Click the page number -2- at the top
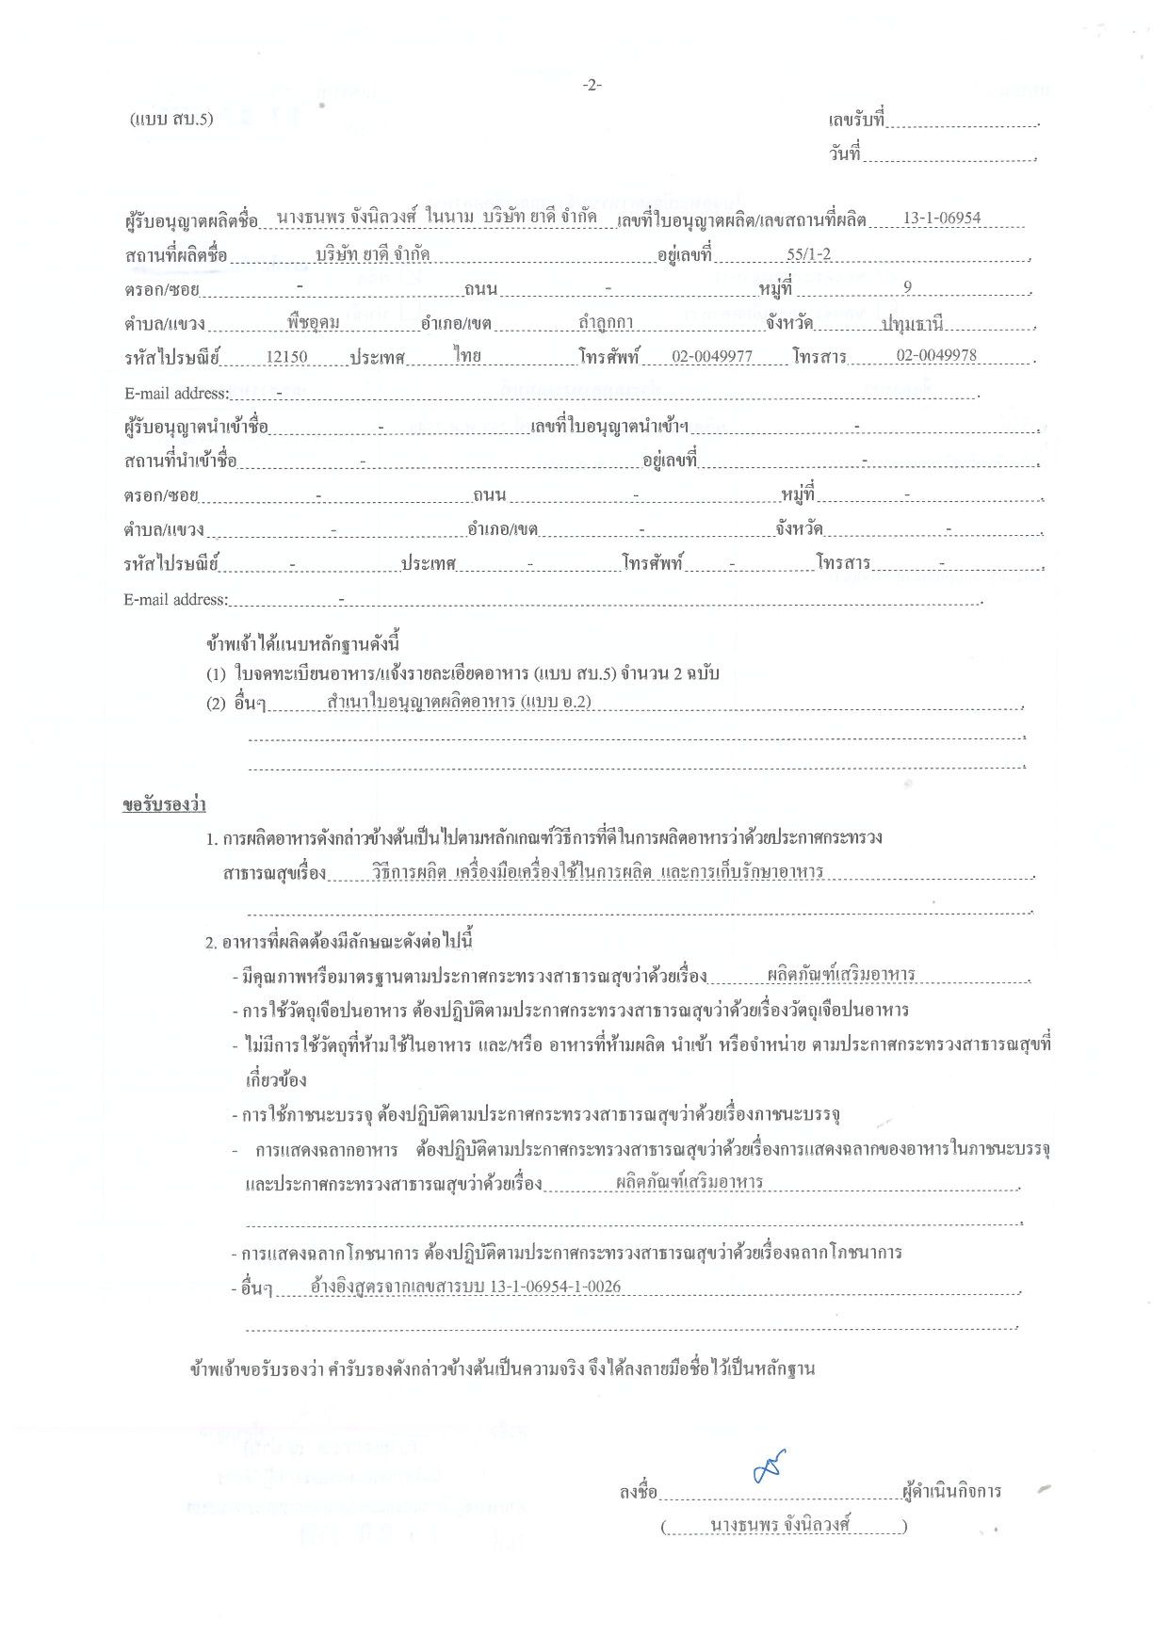click(x=592, y=86)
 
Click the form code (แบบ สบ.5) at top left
click(x=171, y=119)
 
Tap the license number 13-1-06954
click(x=941, y=219)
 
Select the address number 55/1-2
click(x=808, y=254)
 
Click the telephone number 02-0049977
click(x=711, y=357)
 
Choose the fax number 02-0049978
click(x=935, y=356)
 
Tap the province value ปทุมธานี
click(x=912, y=324)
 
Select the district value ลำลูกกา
click(x=606, y=323)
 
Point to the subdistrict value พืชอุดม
click(x=314, y=323)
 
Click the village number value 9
click(x=907, y=288)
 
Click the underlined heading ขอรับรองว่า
click(x=164, y=805)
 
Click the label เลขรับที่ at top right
click(x=856, y=121)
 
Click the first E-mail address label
click(x=175, y=393)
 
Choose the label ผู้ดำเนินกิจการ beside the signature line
click(x=951, y=1492)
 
